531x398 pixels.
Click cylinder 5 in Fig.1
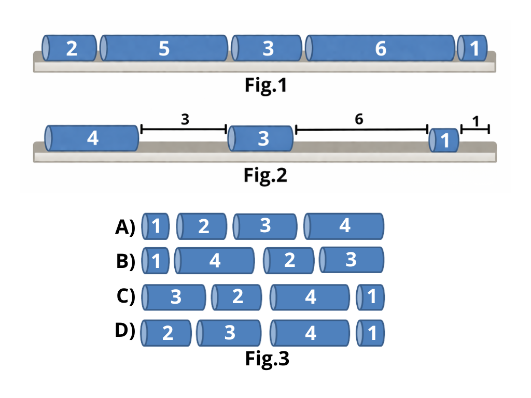tap(164, 48)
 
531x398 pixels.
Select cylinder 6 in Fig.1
tap(380, 48)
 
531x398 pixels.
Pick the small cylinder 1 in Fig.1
tap(472, 48)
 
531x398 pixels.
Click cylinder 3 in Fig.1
tap(267, 48)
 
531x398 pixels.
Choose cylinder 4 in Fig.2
tap(92, 138)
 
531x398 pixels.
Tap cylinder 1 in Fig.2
tap(444, 140)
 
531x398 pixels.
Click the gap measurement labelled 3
tap(185, 119)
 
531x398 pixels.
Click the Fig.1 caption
tap(265, 86)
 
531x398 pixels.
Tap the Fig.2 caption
tap(265, 176)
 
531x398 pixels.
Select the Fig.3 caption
tap(267, 359)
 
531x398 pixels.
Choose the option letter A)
tap(125, 227)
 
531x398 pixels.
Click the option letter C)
tap(125, 296)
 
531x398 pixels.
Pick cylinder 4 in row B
tap(215, 261)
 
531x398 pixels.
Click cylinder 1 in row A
tap(156, 226)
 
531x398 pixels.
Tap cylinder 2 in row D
tap(166, 333)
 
